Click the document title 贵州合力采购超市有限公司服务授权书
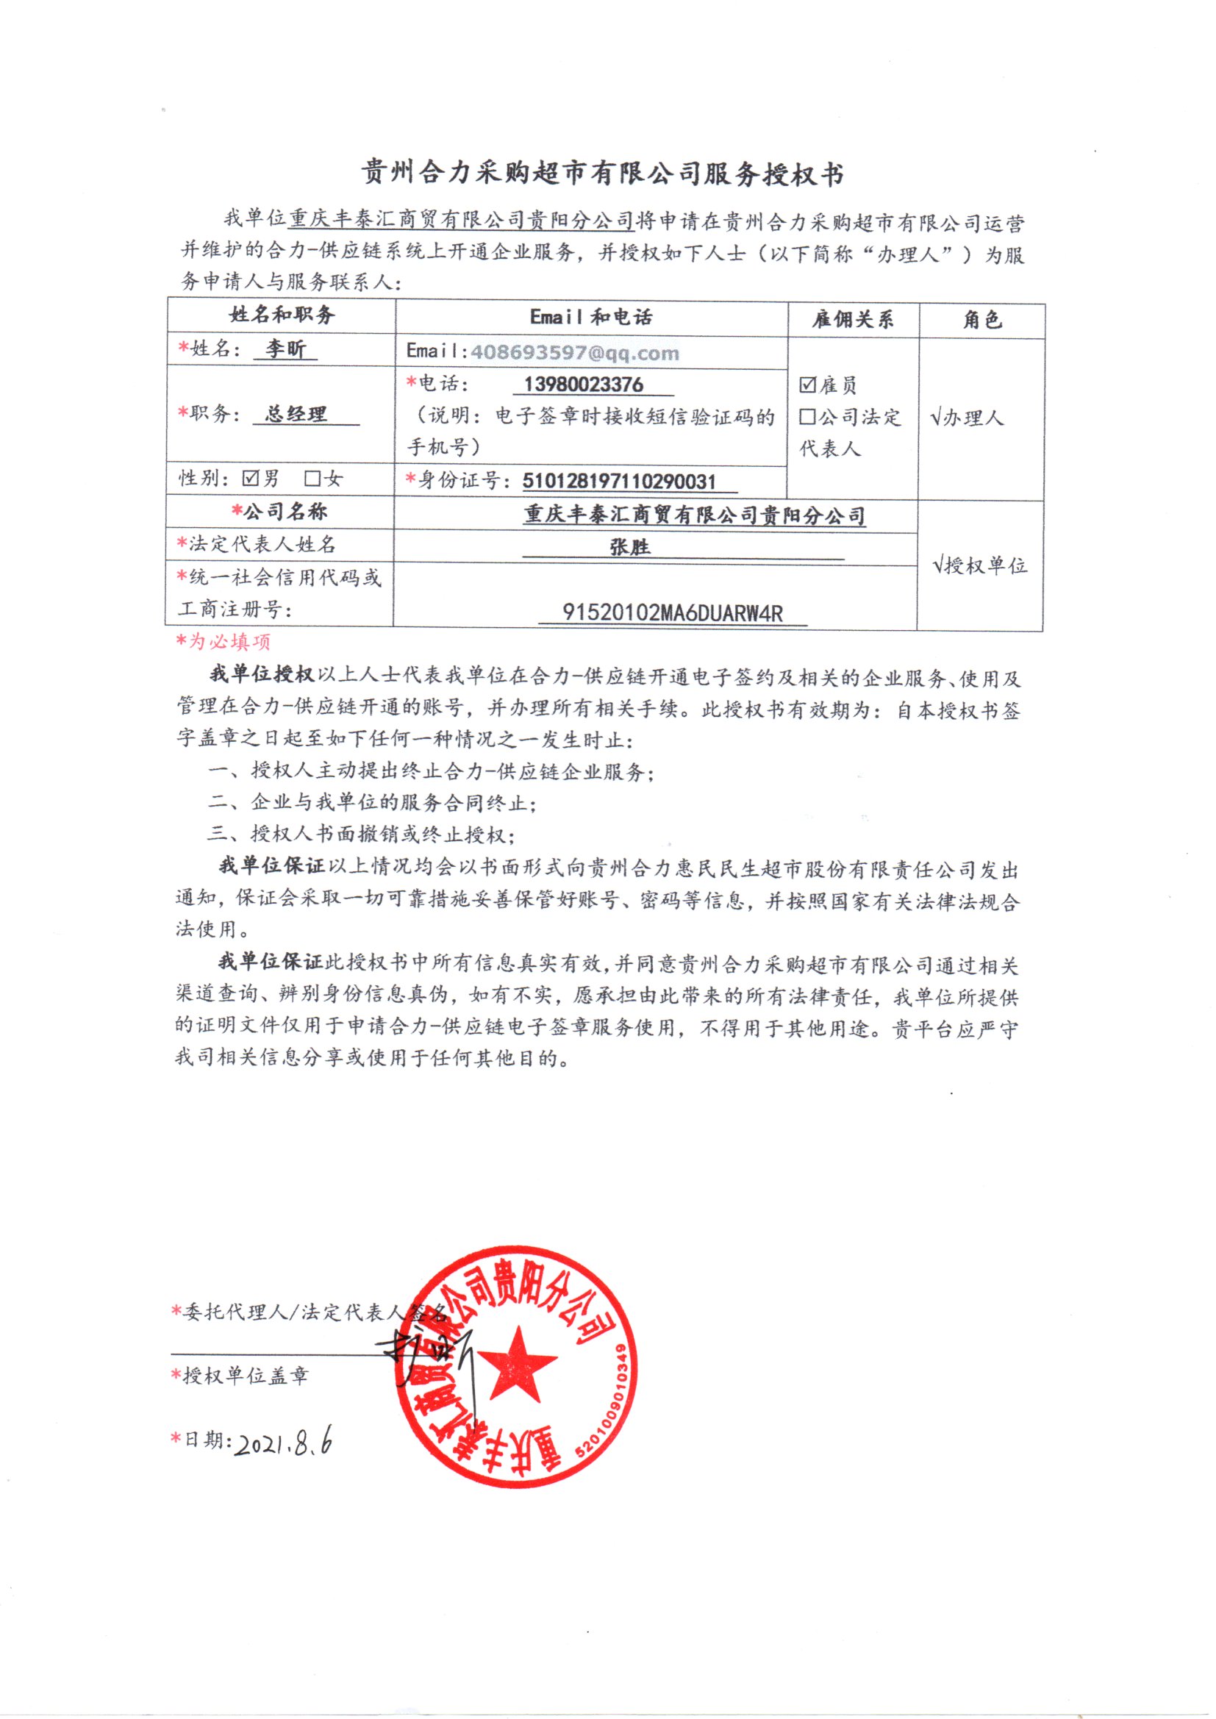(x=603, y=174)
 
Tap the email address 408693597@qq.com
(x=574, y=352)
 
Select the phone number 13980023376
(x=583, y=384)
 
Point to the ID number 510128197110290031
(x=619, y=481)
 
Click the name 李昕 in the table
(x=285, y=349)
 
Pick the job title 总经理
(x=296, y=413)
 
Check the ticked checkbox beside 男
(x=251, y=479)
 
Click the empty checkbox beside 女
(x=312, y=479)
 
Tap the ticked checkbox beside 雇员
(x=807, y=385)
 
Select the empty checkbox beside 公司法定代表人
(x=807, y=417)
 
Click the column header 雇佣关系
(x=853, y=320)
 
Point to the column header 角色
(x=981, y=320)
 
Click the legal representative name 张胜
(x=630, y=547)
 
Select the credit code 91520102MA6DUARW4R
(x=673, y=613)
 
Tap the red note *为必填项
(x=223, y=641)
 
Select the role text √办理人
(x=967, y=417)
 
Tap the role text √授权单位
(x=980, y=565)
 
